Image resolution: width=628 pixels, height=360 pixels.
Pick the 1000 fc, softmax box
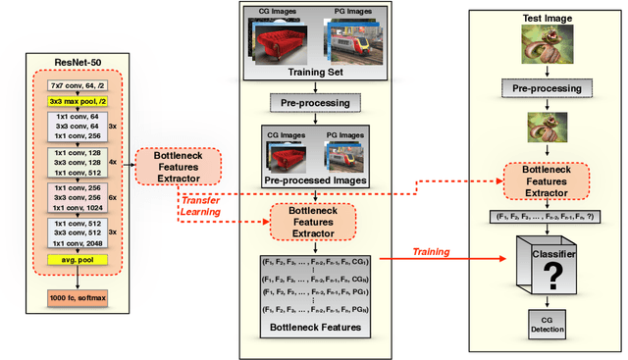point(80,294)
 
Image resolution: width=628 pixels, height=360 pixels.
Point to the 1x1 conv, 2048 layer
point(78,240)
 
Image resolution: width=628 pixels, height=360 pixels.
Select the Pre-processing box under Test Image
point(547,88)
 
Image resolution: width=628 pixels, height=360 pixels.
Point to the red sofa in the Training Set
point(280,44)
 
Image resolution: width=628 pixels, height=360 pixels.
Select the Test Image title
point(547,19)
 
